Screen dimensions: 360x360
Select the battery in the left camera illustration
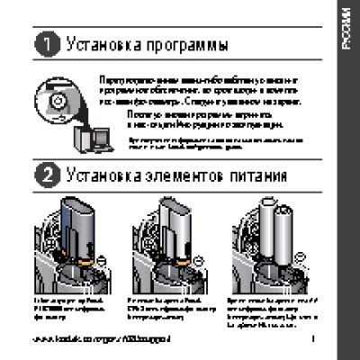tap(76, 225)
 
